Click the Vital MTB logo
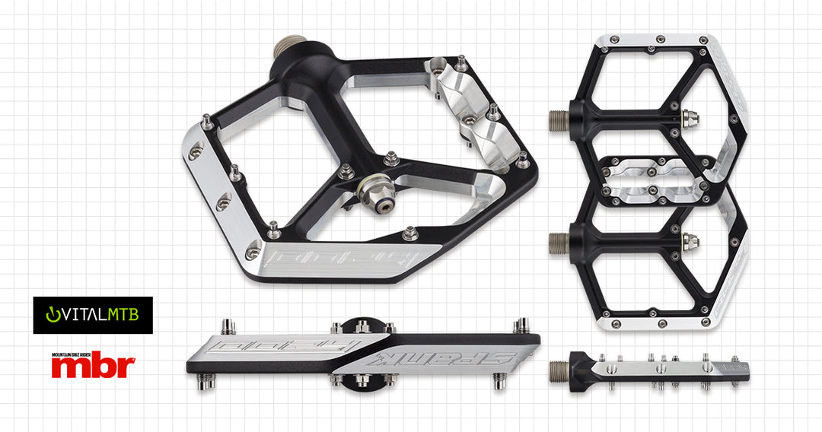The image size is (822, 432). (x=92, y=315)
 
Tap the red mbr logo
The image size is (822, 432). (x=93, y=366)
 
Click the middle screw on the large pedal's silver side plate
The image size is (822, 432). (x=222, y=203)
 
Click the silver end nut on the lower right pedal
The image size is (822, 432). (x=690, y=241)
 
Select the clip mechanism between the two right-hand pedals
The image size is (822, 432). (x=653, y=181)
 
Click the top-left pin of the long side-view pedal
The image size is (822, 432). (x=228, y=326)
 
